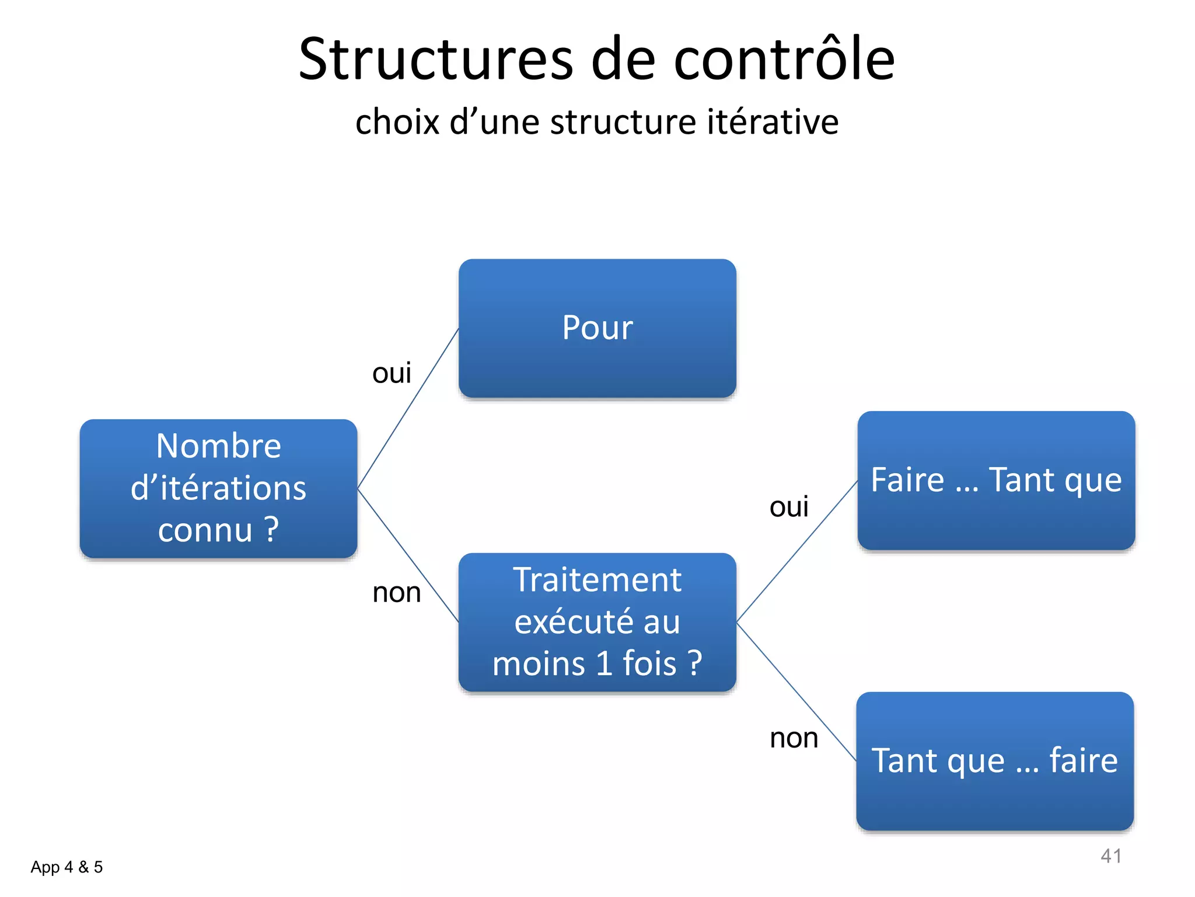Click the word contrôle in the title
(x=784, y=60)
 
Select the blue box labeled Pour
(x=597, y=328)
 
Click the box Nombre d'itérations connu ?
(x=218, y=488)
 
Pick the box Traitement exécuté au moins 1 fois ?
(x=597, y=623)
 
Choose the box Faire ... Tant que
(x=996, y=480)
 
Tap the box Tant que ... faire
(x=995, y=761)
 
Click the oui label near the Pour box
(x=392, y=373)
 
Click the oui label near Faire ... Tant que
(x=789, y=506)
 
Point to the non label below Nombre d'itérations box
(x=397, y=592)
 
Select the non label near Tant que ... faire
(x=794, y=738)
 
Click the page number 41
(x=1110, y=856)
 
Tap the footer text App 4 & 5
(x=67, y=867)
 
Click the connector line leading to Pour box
(x=408, y=408)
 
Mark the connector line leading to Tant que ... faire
(x=797, y=693)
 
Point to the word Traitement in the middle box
(x=597, y=580)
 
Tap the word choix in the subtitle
(x=397, y=122)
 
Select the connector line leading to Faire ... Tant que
(x=797, y=551)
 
